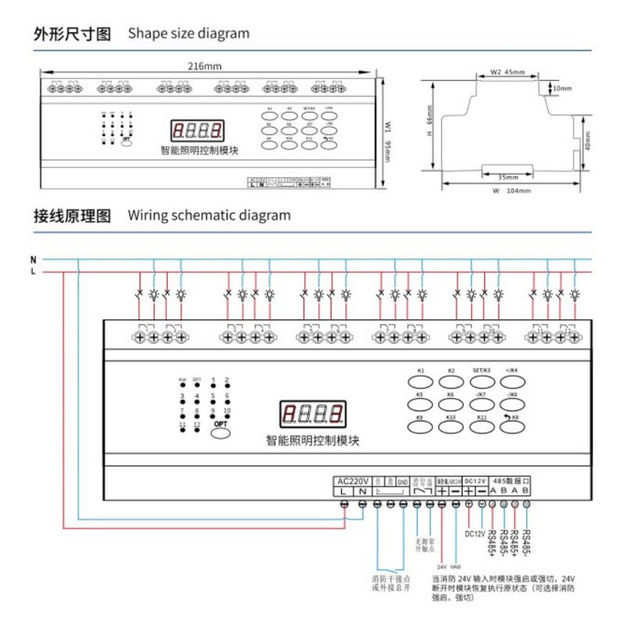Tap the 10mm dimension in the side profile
pyautogui.click(x=562, y=89)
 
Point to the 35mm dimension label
pyautogui.click(x=509, y=176)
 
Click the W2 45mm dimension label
pyautogui.click(x=508, y=72)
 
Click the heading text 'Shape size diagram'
pyautogui.click(x=189, y=34)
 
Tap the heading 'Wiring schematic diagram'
pyautogui.click(x=209, y=215)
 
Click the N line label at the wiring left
pyautogui.click(x=33, y=258)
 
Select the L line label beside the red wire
pyautogui.click(x=33, y=271)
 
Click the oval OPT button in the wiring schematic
pyautogui.click(x=219, y=429)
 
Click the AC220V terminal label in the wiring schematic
pyautogui.click(x=353, y=480)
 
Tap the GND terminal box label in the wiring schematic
pyautogui.click(x=402, y=481)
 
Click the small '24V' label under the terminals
pyautogui.click(x=442, y=566)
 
